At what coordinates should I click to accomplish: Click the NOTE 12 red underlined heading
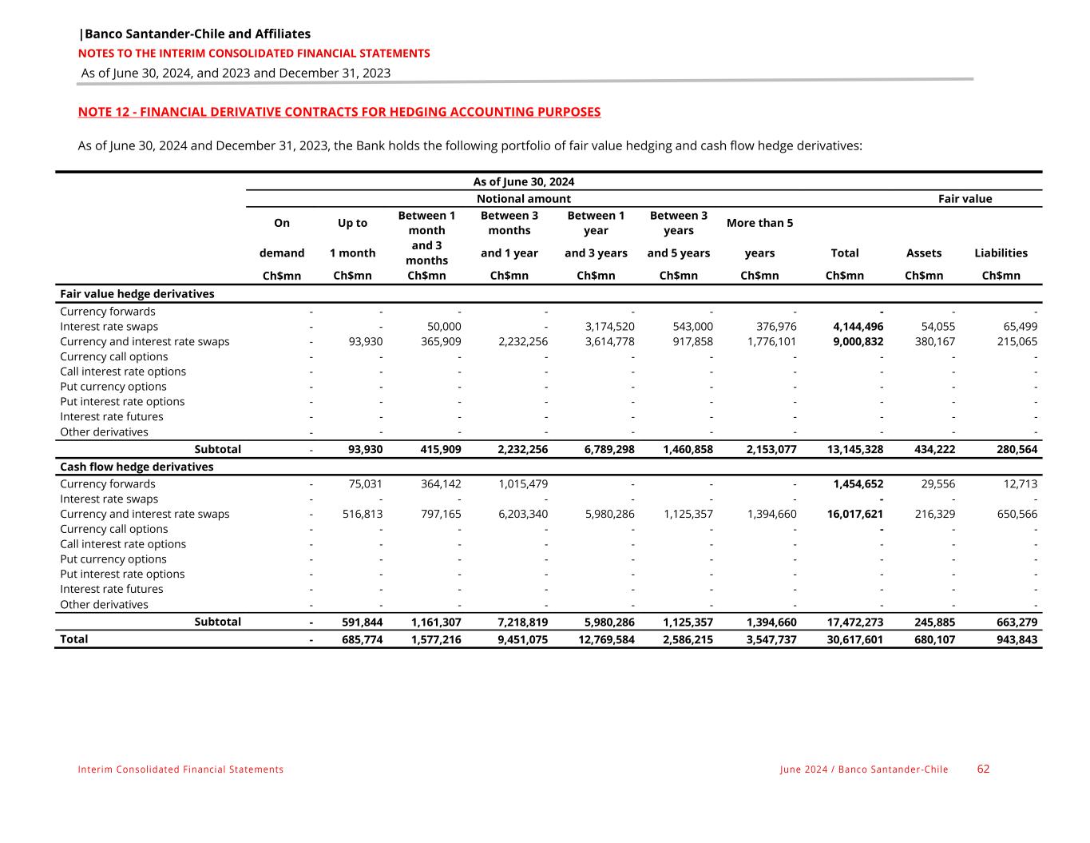pyautogui.click(x=339, y=112)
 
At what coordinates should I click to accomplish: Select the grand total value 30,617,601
pyautogui.click(x=854, y=639)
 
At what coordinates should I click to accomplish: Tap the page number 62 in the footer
pyautogui.click(x=983, y=769)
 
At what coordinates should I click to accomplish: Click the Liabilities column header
pyautogui.click(x=1001, y=253)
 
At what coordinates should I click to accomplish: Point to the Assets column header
pyautogui.click(x=923, y=253)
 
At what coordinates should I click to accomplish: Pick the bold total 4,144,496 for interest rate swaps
pyautogui.click(x=858, y=326)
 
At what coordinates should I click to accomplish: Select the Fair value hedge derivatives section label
pyautogui.click(x=137, y=293)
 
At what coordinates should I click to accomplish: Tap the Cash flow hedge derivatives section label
pyautogui.click(x=137, y=467)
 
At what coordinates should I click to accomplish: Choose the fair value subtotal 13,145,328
pyautogui.click(x=854, y=449)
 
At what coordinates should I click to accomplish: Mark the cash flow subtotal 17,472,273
pyautogui.click(x=854, y=622)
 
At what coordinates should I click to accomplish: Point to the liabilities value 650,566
pyautogui.click(x=1015, y=514)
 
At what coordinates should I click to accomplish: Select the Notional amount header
pyautogui.click(x=523, y=198)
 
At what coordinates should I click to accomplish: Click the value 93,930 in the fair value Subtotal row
pyautogui.click(x=365, y=449)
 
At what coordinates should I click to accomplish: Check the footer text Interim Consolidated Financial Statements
pyautogui.click(x=180, y=769)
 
